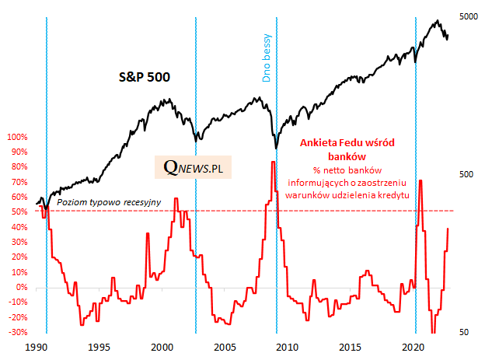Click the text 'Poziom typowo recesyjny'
[109, 203]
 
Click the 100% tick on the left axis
[16, 137]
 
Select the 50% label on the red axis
[19, 212]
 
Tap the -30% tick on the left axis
[17, 333]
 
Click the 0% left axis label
[21, 288]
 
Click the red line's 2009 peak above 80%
[273, 162]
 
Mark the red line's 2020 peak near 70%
[420, 180]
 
